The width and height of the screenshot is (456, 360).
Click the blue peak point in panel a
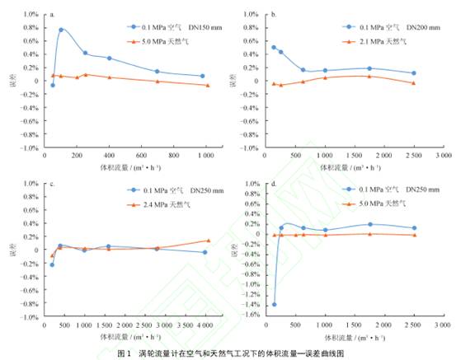tap(61, 30)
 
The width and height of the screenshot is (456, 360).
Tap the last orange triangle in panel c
tap(208, 241)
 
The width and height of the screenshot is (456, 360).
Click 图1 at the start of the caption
tap(124, 352)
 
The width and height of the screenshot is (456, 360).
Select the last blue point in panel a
tap(201, 76)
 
